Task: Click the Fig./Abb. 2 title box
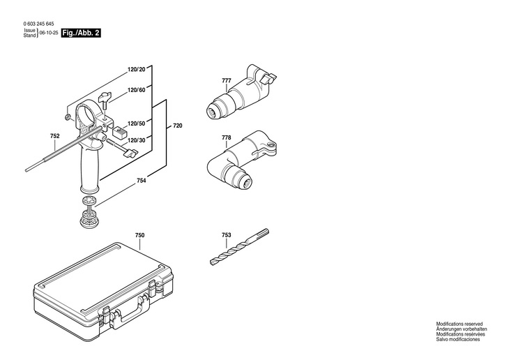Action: [x=80, y=33]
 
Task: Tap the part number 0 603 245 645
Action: [x=38, y=24]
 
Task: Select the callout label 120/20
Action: [x=136, y=70]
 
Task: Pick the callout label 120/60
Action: [x=136, y=91]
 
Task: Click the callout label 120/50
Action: [x=136, y=123]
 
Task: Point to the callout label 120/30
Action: [x=136, y=140]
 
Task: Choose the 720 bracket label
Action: [x=177, y=126]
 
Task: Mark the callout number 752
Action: [x=55, y=135]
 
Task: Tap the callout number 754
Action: [x=141, y=181]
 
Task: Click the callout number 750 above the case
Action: [x=139, y=237]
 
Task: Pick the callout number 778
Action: [x=226, y=137]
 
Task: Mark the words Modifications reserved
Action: [x=459, y=324]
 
